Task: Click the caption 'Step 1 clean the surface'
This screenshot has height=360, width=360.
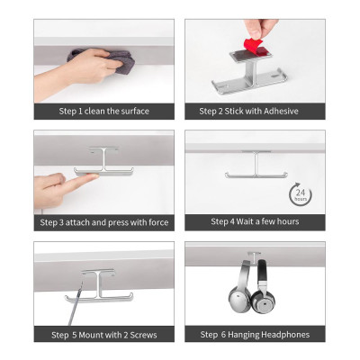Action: (x=104, y=112)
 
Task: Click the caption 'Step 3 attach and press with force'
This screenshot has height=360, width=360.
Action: (x=104, y=222)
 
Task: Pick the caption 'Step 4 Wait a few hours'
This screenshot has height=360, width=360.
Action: (x=255, y=221)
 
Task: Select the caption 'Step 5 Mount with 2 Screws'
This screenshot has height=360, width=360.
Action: (x=104, y=335)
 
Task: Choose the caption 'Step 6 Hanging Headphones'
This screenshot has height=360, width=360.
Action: (x=255, y=335)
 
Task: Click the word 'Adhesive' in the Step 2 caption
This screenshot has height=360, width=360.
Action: (x=280, y=112)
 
